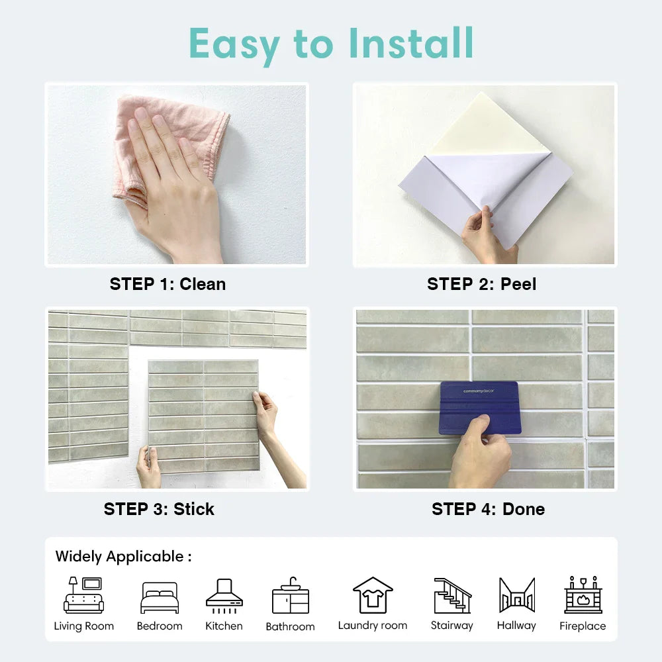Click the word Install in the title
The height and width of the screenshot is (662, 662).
pyautogui.click(x=411, y=43)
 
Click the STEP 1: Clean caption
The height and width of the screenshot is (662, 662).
pyautogui.click(x=167, y=284)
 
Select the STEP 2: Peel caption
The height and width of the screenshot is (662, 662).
pyautogui.click(x=482, y=284)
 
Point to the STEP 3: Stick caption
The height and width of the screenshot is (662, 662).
pyautogui.click(x=159, y=509)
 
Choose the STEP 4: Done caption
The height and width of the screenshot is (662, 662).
pyautogui.click(x=488, y=509)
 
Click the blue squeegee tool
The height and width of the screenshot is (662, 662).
pyautogui.click(x=481, y=407)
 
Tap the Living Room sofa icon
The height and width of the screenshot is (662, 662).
pyautogui.click(x=83, y=595)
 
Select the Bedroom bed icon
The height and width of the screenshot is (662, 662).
pyautogui.click(x=160, y=597)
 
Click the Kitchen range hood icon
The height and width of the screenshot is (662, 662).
pyautogui.click(x=224, y=596)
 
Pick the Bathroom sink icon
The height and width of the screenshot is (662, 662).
pyautogui.click(x=291, y=595)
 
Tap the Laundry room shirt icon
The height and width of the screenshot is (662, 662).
pyautogui.click(x=373, y=595)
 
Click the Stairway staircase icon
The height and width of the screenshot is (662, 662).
pyautogui.click(x=453, y=595)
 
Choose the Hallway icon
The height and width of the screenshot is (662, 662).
pyautogui.click(x=517, y=595)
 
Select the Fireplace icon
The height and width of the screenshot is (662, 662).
pyautogui.click(x=583, y=594)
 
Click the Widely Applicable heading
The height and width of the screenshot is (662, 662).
pyautogui.click(x=123, y=557)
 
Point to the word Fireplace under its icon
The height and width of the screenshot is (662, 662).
pyautogui.click(x=583, y=626)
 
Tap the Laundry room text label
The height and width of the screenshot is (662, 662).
pyautogui.click(x=372, y=626)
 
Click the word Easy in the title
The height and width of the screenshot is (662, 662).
pyautogui.click(x=234, y=45)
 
